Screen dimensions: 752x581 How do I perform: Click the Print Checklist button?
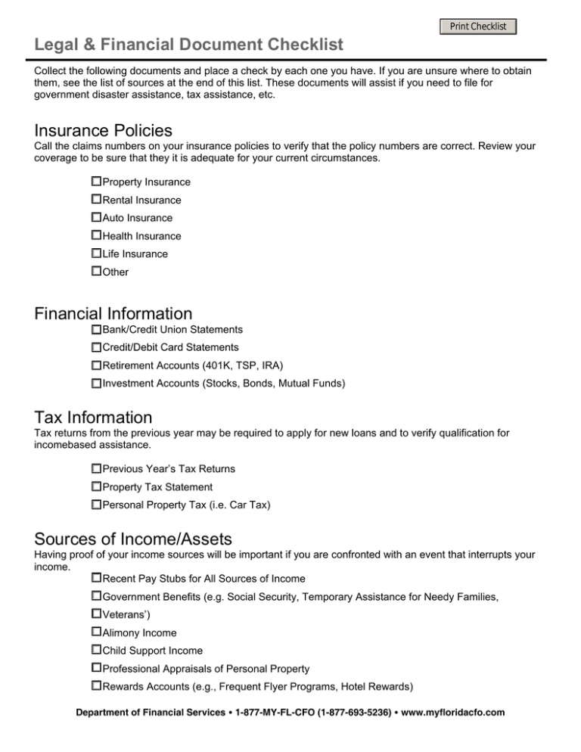(478, 27)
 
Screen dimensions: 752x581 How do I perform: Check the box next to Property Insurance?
(96, 182)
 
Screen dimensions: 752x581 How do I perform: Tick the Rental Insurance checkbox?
(96, 200)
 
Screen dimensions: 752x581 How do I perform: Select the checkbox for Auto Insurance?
(96, 218)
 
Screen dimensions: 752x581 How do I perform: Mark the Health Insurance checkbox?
(96, 235)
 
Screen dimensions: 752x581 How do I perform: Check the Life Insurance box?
(96, 253)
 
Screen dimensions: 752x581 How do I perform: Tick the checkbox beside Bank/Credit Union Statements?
(96, 330)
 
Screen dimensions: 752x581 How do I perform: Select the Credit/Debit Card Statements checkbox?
(96, 347)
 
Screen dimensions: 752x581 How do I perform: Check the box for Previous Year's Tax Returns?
(96, 469)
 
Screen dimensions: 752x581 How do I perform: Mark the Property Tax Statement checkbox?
(96, 486)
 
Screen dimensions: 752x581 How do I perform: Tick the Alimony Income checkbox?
(96, 632)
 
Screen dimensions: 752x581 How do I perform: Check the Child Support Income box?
(96, 650)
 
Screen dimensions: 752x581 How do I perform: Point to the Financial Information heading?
(113, 312)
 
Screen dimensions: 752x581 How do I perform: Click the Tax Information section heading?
(93, 417)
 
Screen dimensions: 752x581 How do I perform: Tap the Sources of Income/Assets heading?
(133, 539)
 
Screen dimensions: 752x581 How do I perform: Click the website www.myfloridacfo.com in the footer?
(446, 713)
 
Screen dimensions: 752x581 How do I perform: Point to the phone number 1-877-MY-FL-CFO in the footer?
(275, 713)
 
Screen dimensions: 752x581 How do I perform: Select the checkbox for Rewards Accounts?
(96, 686)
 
